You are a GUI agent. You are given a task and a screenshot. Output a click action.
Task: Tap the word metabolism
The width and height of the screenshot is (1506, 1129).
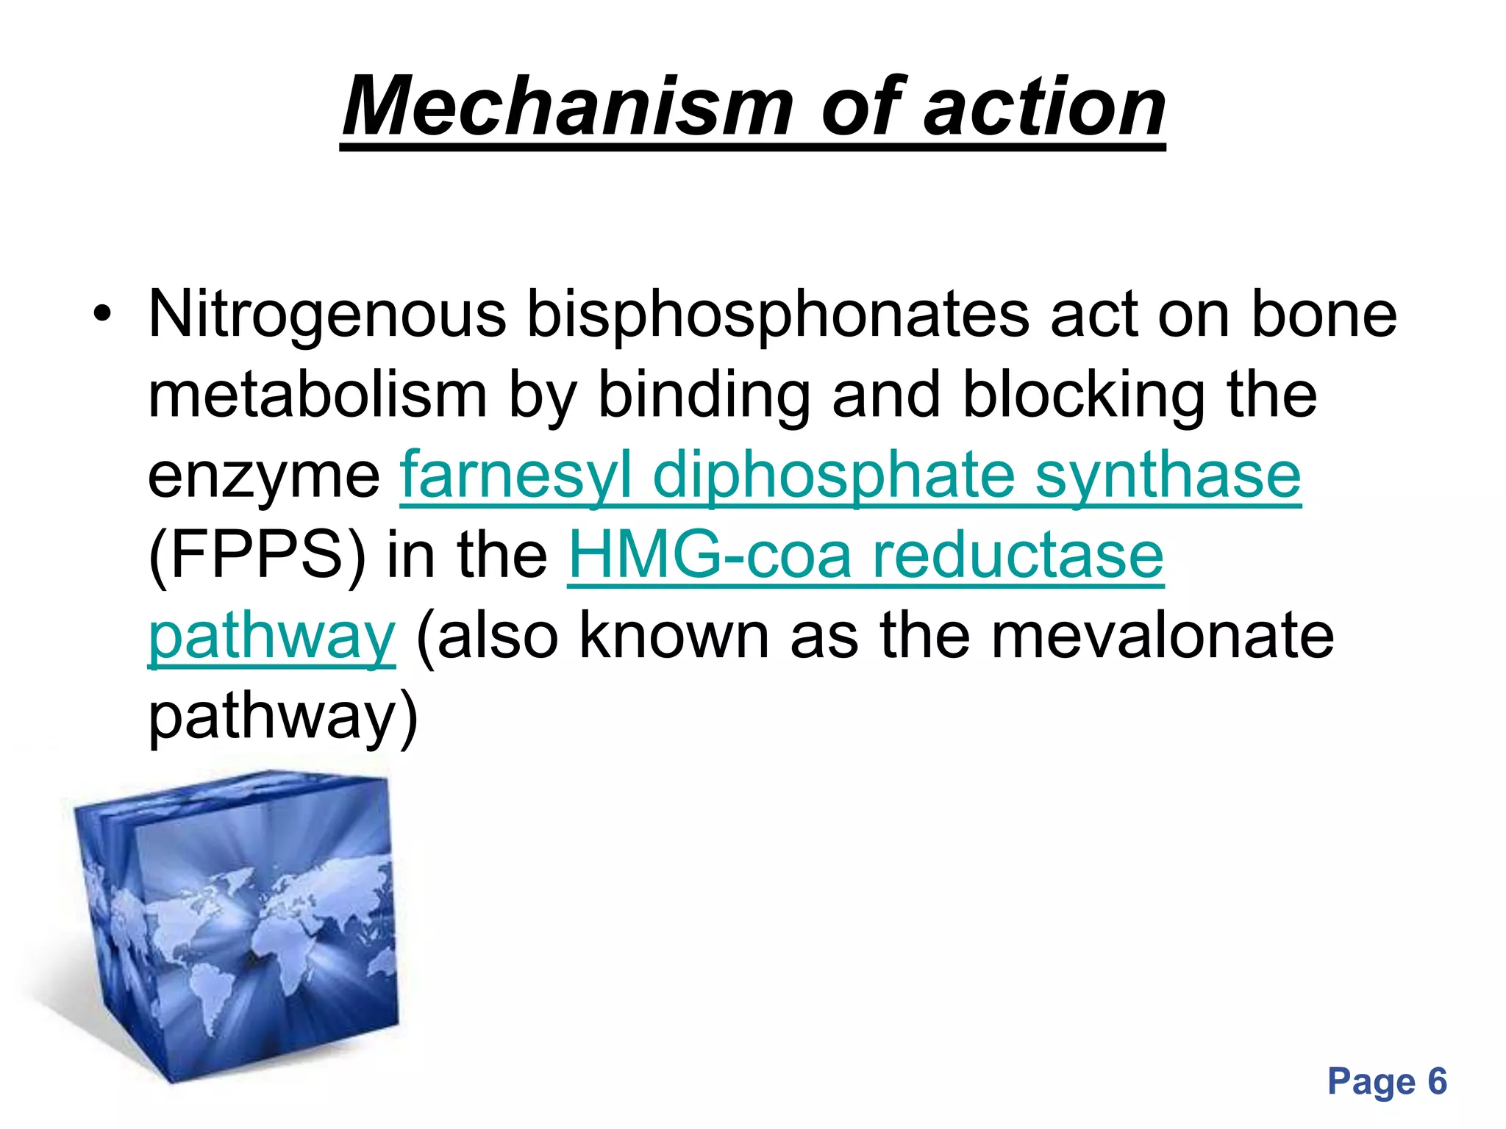[x=318, y=395]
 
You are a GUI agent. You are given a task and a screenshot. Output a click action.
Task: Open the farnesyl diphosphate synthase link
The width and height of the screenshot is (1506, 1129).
[x=850, y=476]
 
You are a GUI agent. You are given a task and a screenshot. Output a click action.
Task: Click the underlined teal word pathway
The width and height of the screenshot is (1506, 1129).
[x=272, y=637]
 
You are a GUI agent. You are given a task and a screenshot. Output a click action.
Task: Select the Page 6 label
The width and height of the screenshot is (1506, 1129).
[x=1387, y=1081]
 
